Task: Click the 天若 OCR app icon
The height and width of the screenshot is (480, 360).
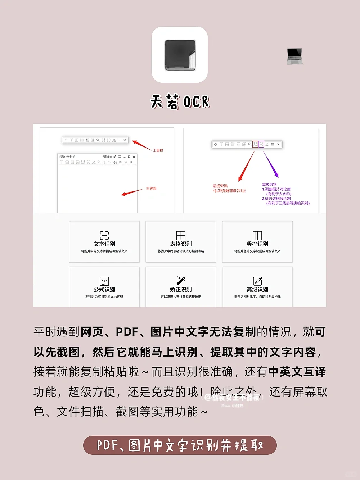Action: pos(180,55)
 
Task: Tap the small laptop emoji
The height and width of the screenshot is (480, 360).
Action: pos(294,56)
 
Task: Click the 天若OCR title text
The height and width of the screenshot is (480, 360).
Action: pos(180,102)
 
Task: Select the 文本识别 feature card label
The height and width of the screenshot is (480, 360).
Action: pos(104,244)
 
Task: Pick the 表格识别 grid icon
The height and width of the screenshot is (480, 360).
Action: pos(181,236)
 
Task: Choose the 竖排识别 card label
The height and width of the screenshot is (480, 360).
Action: pos(257,244)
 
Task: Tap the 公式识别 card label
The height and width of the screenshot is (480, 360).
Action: pos(104,289)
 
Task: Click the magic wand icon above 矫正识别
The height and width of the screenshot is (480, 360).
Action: pos(181,280)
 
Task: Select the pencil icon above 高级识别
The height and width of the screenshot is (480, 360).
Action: pos(257,281)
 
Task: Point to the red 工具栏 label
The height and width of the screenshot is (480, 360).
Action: pos(158,150)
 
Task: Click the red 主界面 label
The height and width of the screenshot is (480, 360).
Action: pos(151,189)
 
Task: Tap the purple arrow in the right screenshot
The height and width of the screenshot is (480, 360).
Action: pos(271,164)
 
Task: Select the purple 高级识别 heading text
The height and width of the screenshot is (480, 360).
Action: pos(269,185)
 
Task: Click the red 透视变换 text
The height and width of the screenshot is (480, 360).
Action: pos(220,186)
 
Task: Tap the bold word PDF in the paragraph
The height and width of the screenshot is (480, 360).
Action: pos(127,332)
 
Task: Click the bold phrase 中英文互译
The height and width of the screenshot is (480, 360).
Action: pos(297,372)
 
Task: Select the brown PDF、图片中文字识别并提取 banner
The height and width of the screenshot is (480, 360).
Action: pos(180,445)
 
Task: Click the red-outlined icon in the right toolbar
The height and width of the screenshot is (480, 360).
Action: pos(255,144)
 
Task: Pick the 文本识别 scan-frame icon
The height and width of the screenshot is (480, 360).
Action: pos(104,236)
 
